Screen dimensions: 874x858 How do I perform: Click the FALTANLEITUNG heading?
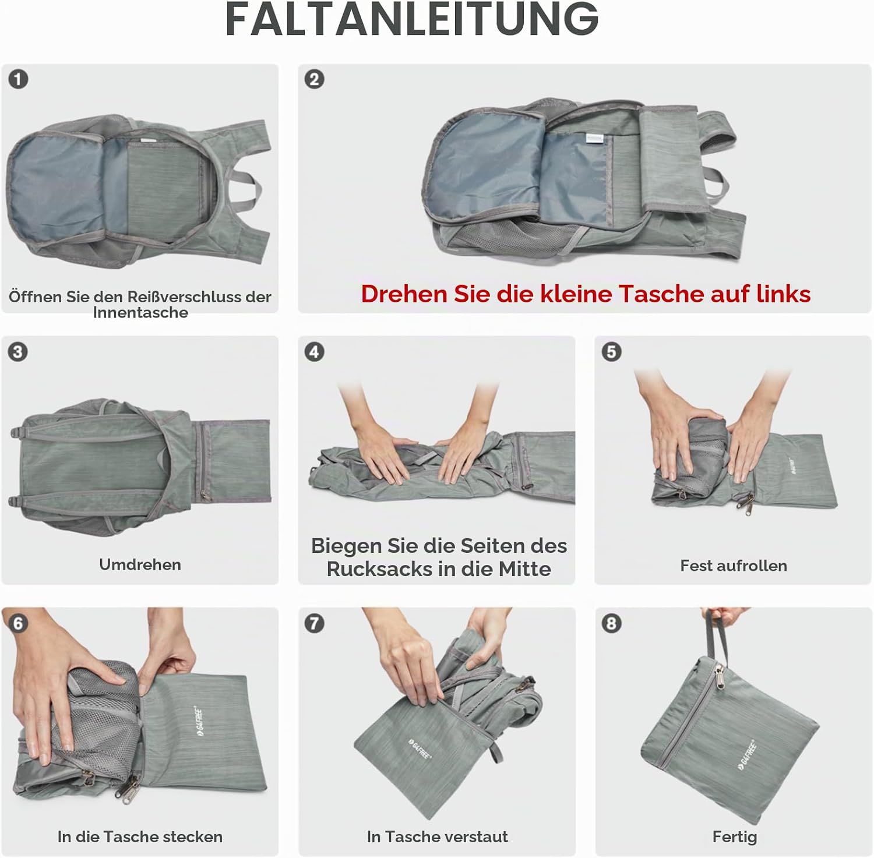click(x=412, y=19)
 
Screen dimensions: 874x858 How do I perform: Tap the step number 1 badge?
click(x=18, y=79)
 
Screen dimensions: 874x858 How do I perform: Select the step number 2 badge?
click(x=315, y=79)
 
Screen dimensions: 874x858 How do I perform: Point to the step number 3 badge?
click(x=18, y=352)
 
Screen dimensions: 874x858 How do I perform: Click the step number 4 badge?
click(x=315, y=352)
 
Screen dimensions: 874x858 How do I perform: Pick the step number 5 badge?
click(x=611, y=352)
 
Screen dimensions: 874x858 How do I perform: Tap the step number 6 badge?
click(x=18, y=624)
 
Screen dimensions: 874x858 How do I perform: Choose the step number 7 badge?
click(x=315, y=624)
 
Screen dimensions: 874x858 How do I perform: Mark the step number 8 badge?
click(x=611, y=624)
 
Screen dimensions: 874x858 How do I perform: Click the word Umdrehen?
click(x=140, y=564)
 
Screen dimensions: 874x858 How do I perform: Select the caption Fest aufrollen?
click(x=734, y=566)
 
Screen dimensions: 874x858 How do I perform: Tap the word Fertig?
click(x=735, y=838)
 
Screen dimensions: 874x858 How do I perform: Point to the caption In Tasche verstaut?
click(x=437, y=837)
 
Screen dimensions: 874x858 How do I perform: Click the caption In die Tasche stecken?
click(x=140, y=837)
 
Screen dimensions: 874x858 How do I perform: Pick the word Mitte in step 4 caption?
click(x=524, y=569)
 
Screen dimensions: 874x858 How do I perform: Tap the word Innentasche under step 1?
click(x=140, y=313)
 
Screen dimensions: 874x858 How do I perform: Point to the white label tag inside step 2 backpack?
click(x=595, y=139)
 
